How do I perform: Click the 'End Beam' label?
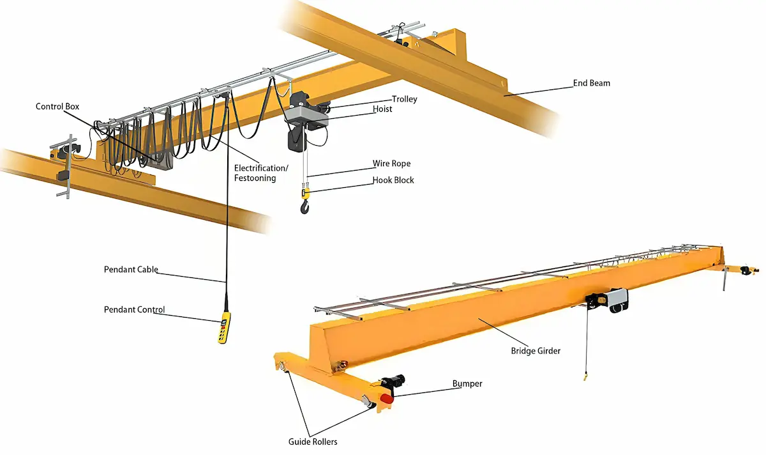click(591, 83)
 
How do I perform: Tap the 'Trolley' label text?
click(405, 99)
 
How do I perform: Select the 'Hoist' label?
click(382, 109)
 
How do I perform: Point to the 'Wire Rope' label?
click(391, 164)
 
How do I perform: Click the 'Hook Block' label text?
click(393, 180)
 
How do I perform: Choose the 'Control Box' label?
click(57, 107)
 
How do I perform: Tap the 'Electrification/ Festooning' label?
click(261, 173)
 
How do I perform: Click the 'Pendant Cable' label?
click(131, 270)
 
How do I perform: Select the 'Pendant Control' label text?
click(134, 310)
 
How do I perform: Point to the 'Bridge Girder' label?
click(536, 351)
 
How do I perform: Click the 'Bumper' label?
click(467, 384)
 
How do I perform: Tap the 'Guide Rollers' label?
click(312, 442)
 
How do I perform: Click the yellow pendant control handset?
click(223, 328)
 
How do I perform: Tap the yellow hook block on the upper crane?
click(306, 192)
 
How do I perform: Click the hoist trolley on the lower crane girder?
click(606, 300)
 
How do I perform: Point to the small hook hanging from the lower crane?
click(584, 378)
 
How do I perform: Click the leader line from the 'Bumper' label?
click(424, 390)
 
